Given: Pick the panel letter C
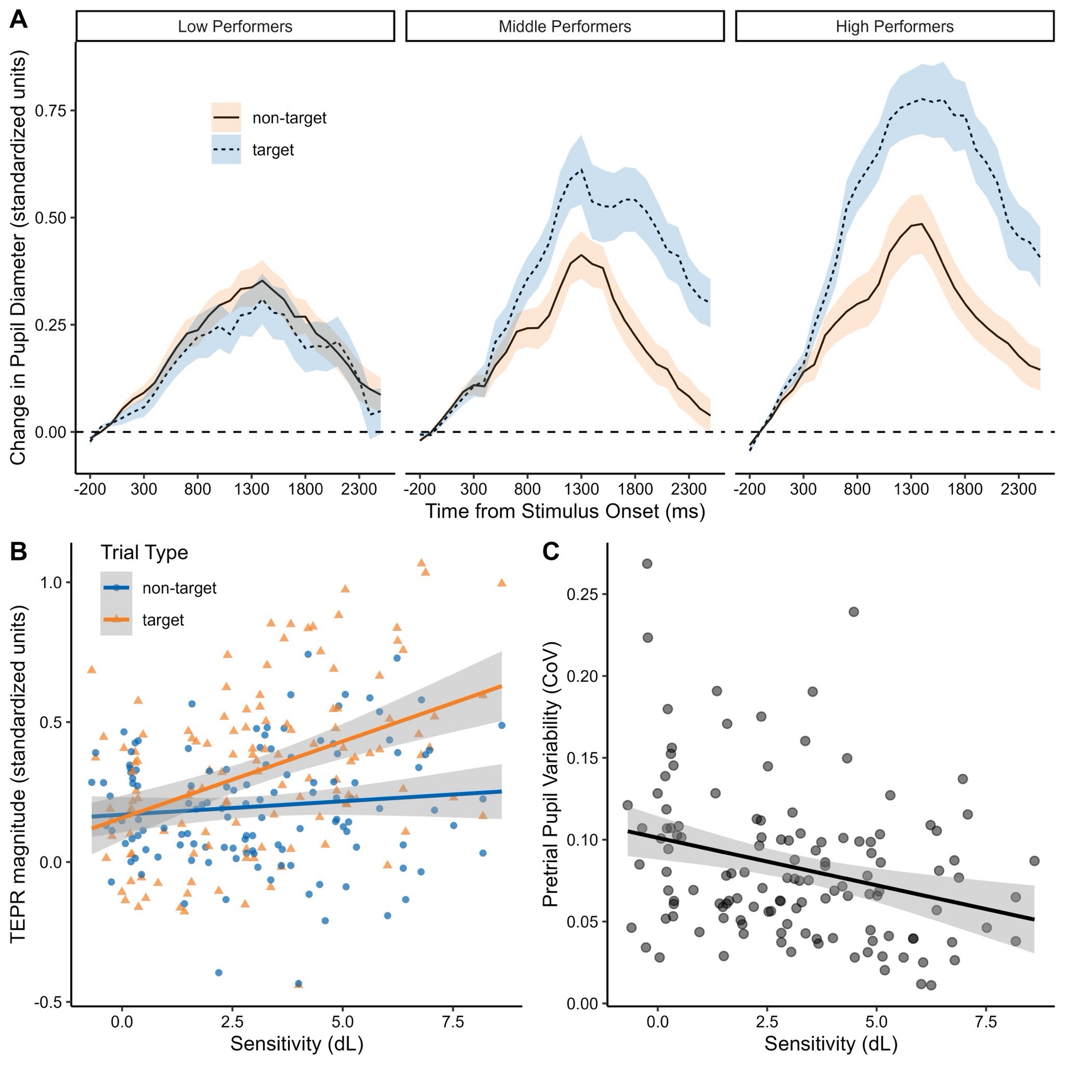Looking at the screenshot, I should click(x=551, y=552).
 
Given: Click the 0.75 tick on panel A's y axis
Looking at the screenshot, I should click(x=50, y=111).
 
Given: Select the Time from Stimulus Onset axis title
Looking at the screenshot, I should click(x=564, y=512).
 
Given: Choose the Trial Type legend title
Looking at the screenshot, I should click(x=144, y=552).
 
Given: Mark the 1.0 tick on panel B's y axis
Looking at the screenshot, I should click(x=50, y=583).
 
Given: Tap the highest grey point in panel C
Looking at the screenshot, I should click(x=647, y=563).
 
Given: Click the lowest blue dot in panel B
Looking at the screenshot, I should click(x=299, y=984).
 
